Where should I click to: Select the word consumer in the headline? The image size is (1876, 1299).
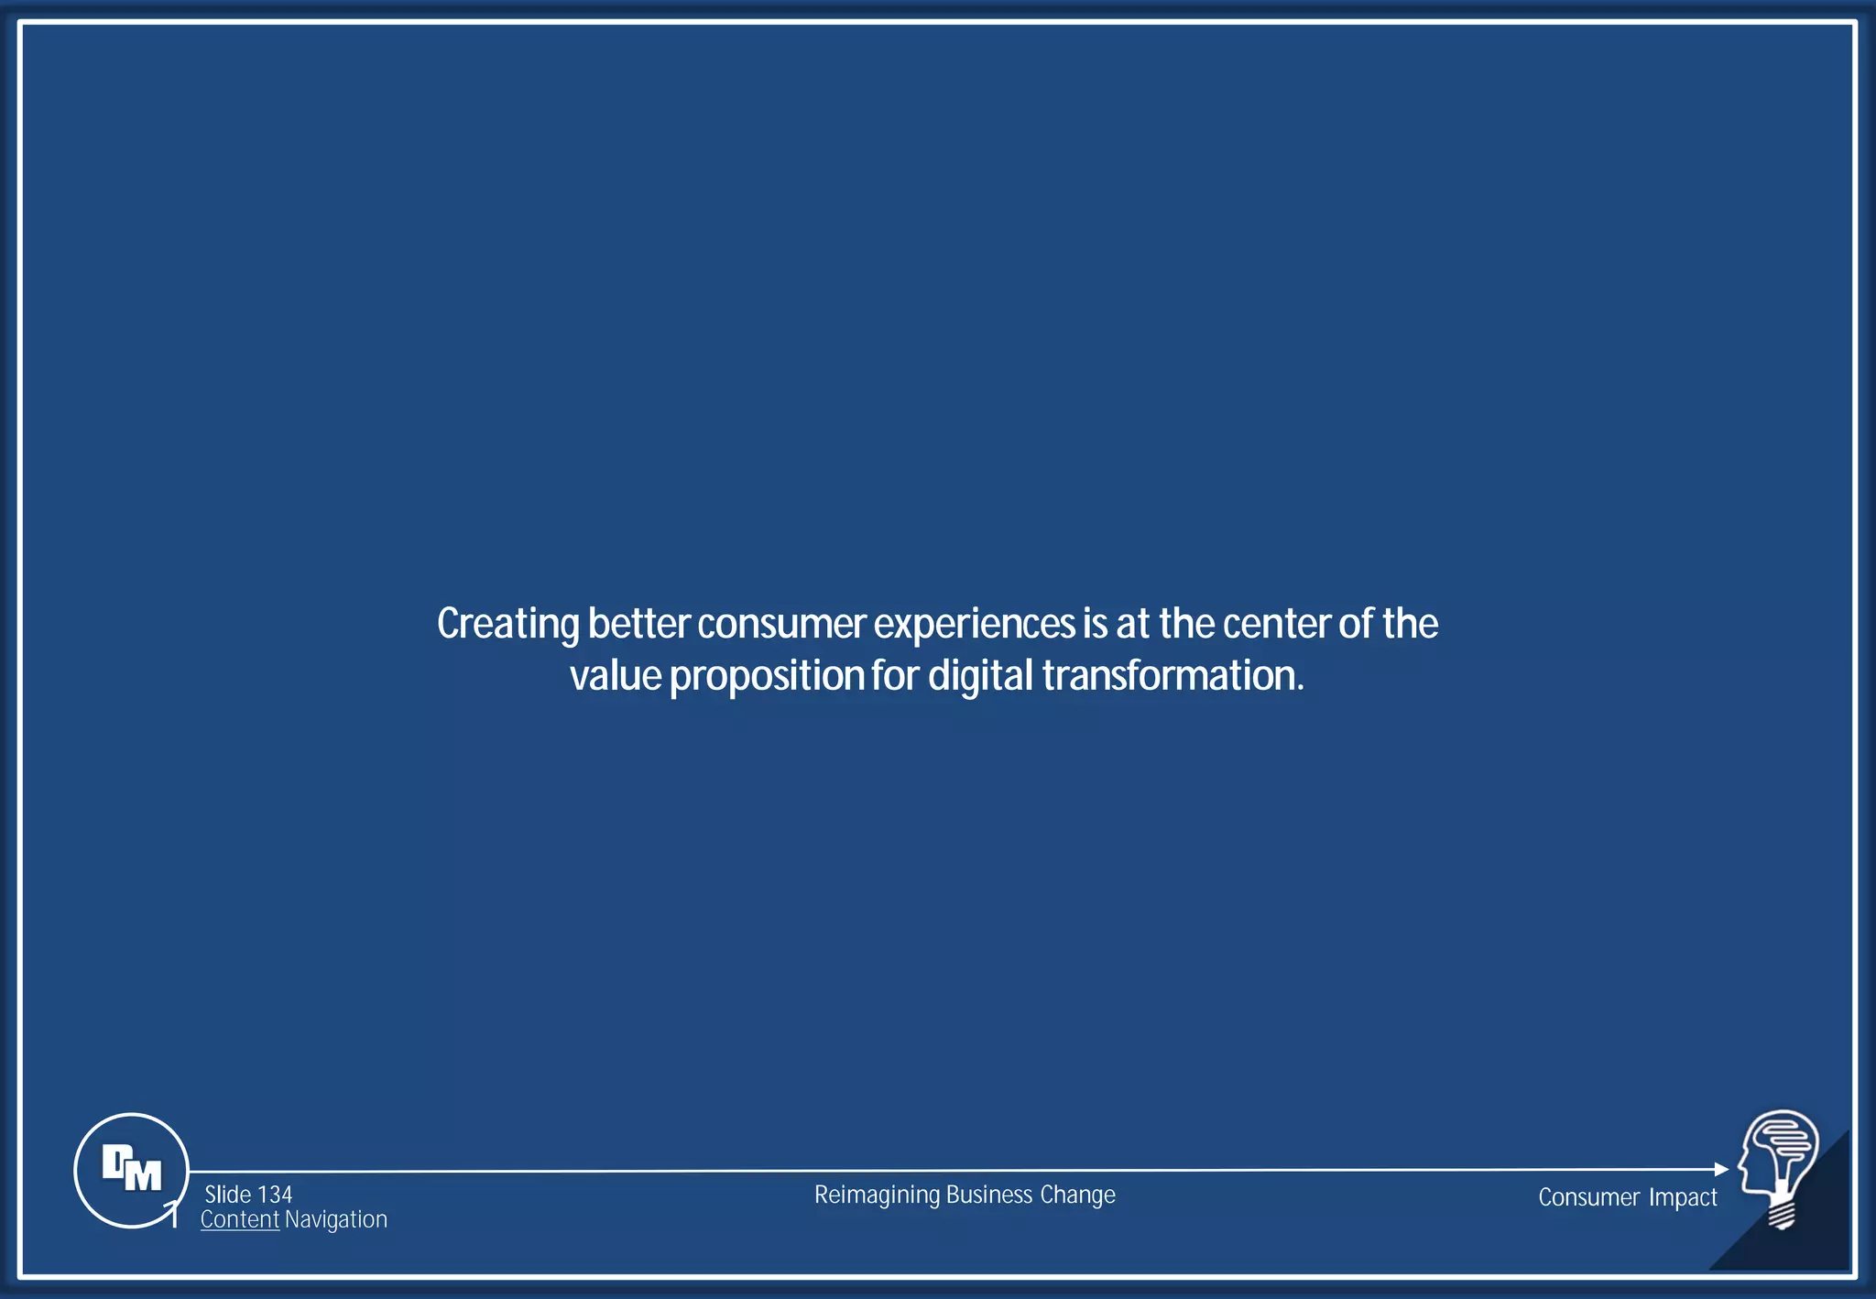[780, 625]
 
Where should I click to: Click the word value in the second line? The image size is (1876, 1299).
[615, 677]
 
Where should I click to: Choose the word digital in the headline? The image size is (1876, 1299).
[980, 677]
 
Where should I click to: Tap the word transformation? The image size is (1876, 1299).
[1172, 676]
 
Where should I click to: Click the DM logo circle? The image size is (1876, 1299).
[131, 1170]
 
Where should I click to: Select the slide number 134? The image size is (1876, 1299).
[275, 1195]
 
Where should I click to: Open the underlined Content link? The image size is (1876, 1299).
[239, 1220]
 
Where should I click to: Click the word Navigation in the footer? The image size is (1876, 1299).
[336, 1220]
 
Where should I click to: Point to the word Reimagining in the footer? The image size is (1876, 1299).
[877, 1195]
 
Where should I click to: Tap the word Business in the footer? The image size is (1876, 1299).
[988, 1195]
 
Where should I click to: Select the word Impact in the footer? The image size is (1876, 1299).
[1683, 1197]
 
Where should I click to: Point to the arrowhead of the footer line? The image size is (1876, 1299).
[1721, 1169]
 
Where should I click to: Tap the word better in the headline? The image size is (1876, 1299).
[638, 625]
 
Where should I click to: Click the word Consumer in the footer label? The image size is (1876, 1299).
[1588, 1197]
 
